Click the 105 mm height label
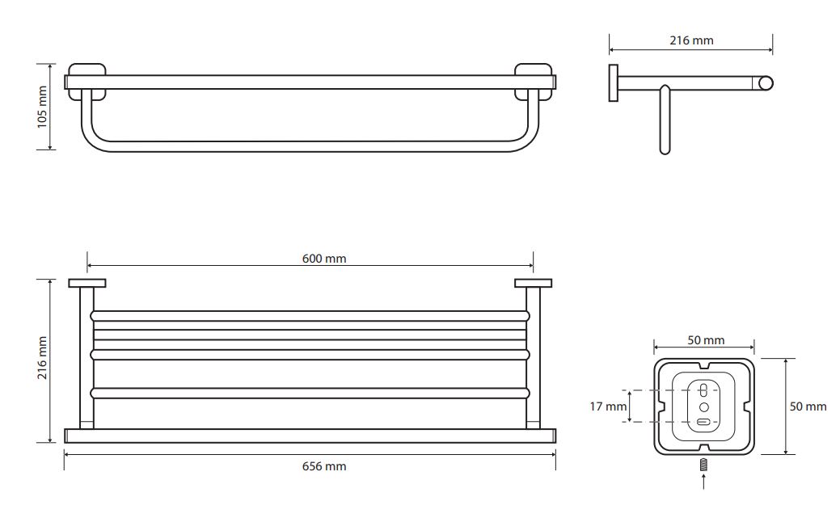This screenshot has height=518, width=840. tap(42, 107)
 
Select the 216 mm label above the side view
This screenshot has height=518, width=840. tap(691, 40)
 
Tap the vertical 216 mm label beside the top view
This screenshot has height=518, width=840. tap(42, 358)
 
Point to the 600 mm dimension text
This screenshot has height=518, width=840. tap(324, 259)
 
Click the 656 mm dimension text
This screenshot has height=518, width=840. tap(324, 466)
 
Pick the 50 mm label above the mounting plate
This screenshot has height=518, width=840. tap(706, 340)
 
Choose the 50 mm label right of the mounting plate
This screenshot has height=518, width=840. tap(808, 406)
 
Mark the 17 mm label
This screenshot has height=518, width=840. tap(608, 406)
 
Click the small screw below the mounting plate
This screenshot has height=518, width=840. tap(704, 465)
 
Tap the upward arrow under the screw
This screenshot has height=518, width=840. tap(704, 481)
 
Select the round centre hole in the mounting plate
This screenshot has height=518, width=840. tap(704, 407)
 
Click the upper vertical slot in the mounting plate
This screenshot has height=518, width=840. tap(704, 390)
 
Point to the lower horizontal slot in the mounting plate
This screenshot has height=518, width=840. tap(704, 422)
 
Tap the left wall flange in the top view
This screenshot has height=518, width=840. tap(87, 284)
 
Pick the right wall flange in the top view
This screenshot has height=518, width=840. tap(533, 284)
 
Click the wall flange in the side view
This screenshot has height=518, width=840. tap(613, 83)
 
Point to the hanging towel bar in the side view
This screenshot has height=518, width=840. tap(665, 120)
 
